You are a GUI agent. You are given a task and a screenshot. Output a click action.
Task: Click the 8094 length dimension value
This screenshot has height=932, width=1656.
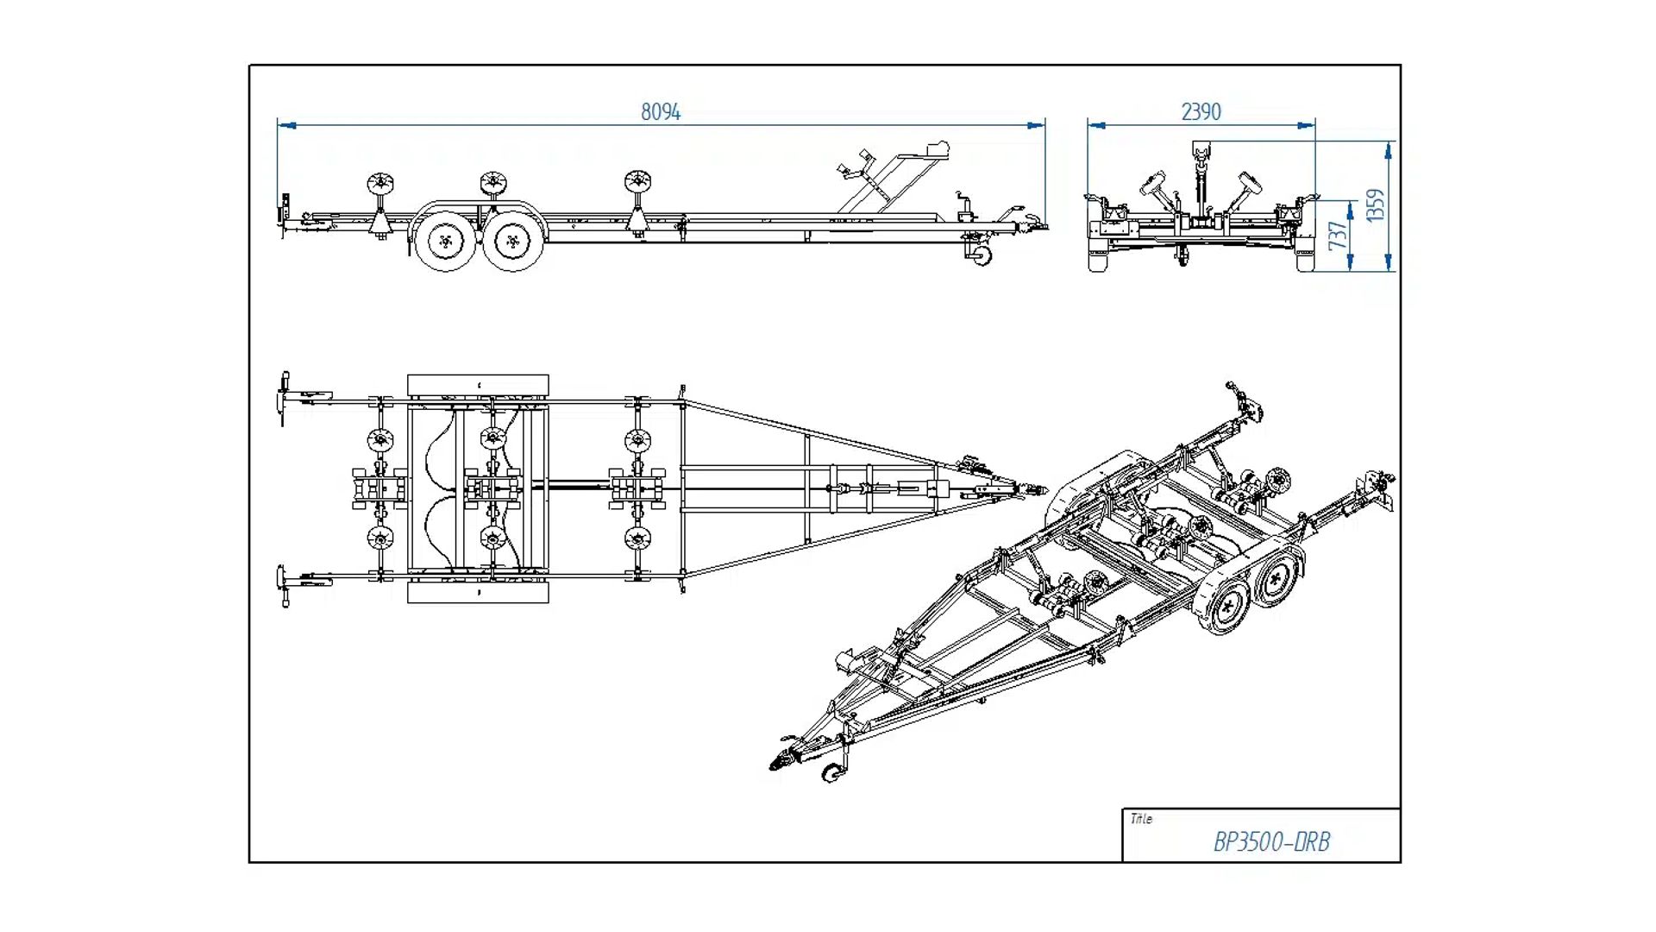pos(661,112)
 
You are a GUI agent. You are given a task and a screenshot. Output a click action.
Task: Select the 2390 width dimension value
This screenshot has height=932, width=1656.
pos(1201,112)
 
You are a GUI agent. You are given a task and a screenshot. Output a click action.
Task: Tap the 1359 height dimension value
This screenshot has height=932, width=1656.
pos(1376,205)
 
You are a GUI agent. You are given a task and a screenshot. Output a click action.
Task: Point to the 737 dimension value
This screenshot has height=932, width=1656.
pos(1337,236)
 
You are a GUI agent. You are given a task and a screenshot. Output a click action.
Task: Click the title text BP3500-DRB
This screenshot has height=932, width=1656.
pos(1271,842)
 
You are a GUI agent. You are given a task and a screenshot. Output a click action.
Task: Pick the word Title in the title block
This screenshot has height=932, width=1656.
pos(1141,819)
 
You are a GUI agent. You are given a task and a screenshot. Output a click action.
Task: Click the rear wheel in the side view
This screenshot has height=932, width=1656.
pos(445,241)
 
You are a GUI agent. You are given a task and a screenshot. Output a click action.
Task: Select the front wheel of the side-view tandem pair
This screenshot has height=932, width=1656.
pos(513,241)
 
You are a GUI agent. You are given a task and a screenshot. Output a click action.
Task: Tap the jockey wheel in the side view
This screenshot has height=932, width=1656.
pos(982,255)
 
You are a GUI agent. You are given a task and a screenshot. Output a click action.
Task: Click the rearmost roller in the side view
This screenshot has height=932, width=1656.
pos(379,184)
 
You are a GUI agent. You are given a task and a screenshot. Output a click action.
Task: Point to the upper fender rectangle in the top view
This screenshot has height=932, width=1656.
pos(478,385)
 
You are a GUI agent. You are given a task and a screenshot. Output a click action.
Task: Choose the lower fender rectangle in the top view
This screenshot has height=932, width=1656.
pos(478,593)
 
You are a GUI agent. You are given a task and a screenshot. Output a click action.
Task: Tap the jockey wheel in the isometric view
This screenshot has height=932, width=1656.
pos(832,773)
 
